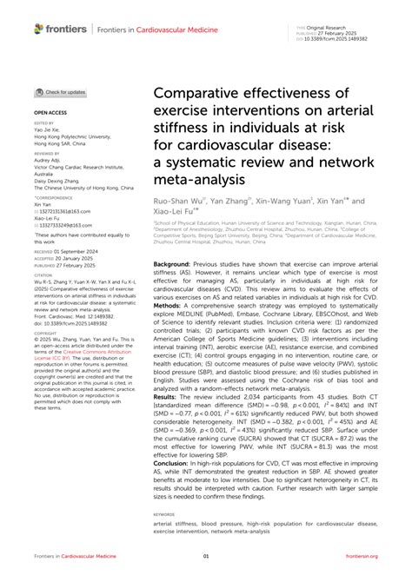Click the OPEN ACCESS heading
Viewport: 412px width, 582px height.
pos(49,113)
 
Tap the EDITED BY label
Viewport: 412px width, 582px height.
pos(43,123)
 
